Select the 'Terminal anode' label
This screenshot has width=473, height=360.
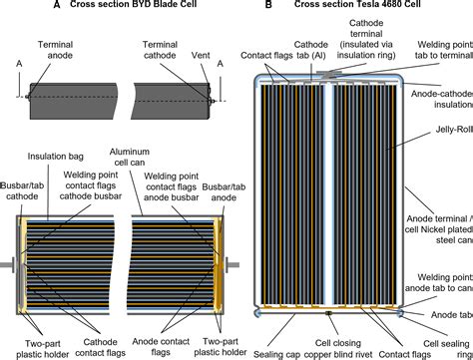[56, 51]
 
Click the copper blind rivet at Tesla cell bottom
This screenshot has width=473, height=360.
[329, 315]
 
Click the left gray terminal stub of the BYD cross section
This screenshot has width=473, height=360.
[9, 265]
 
